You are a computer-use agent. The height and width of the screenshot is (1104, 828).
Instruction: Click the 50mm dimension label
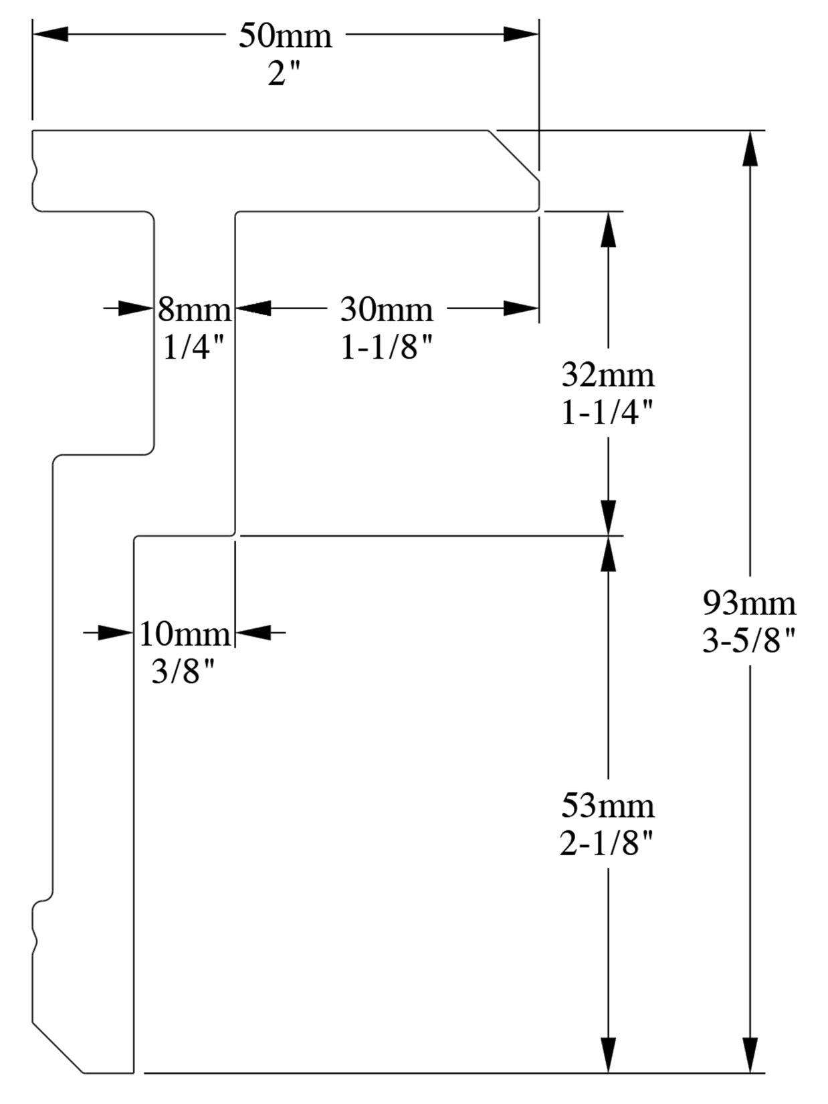[x=286, y=35]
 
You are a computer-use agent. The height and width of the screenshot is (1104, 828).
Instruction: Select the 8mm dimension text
[x=195, y=310]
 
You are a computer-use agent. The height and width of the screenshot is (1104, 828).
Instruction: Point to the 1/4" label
[x=193, y=347]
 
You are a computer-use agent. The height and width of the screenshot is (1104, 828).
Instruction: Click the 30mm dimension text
[x=387, y=309]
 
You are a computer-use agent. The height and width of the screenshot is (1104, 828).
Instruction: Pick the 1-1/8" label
[x=387, y=347]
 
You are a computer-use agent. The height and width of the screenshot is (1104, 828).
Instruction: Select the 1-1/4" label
[x=607, y=413]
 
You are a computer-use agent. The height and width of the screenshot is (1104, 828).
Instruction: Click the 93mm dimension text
[x=749, y=604]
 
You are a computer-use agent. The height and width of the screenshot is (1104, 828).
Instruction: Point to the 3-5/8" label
[x=749, y=642]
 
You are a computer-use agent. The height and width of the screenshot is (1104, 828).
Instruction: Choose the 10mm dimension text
[x=185, y=633]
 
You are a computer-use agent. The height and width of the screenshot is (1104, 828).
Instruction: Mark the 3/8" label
[x=185, y=671]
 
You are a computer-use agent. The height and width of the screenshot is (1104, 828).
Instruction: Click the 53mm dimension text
[x=607, y=806]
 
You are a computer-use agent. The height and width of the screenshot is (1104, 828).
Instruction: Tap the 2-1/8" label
[x=606, y=844]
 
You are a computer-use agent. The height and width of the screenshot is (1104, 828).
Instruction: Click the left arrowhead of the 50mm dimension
[x=51, y=34]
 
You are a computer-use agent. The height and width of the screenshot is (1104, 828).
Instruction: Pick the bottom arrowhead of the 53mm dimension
[x=608, y=1054]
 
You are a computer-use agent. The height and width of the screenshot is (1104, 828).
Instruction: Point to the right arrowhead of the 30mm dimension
[x=521, y=308]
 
